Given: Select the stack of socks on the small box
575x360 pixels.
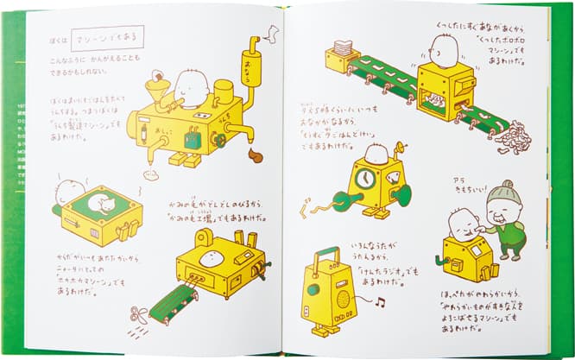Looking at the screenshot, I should click(343, 49).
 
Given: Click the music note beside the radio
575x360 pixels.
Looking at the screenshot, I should click(379, 300).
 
